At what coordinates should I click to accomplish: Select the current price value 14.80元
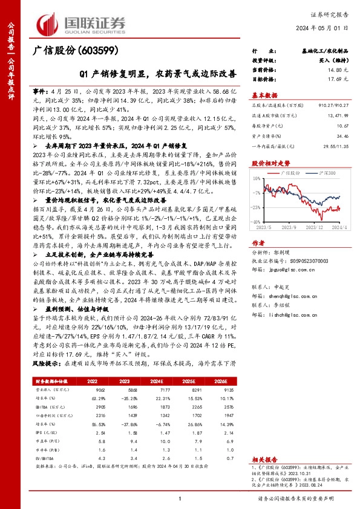[340, 70]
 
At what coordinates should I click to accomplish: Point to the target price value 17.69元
[340, 79]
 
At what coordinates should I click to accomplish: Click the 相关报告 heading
[264, 460]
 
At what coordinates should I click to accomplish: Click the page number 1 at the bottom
[180, 498]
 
